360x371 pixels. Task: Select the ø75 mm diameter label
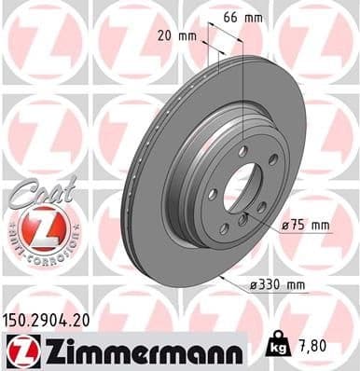(x=310, y=225)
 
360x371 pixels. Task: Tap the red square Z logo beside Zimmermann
(x=20, y=350)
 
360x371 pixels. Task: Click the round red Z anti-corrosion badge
(x=35, y=227)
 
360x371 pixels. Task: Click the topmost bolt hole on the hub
(x=243, y=150)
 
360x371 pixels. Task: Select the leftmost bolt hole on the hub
(x=213, y=194)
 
